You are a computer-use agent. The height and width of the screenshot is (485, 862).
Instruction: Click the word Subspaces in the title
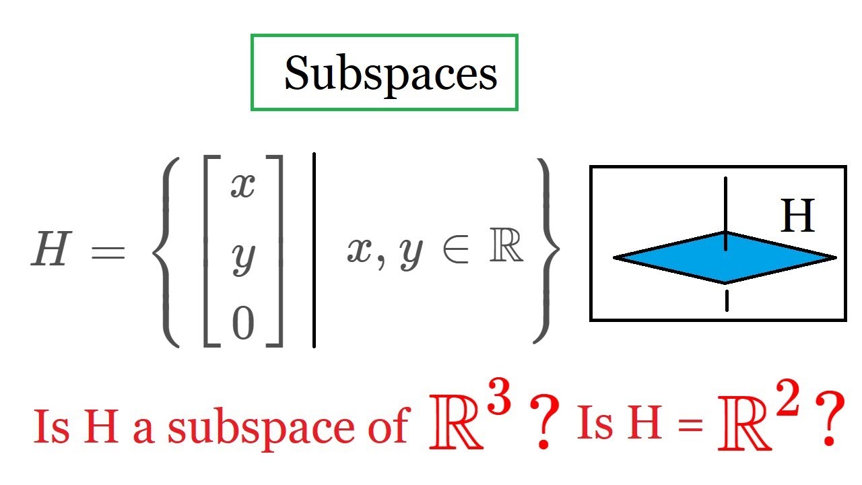[391, 74]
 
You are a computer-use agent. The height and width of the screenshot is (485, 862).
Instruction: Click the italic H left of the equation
[52, 249]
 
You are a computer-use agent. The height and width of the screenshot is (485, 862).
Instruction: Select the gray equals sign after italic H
[108, 253]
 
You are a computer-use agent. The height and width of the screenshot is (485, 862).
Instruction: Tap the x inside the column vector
[243, 185]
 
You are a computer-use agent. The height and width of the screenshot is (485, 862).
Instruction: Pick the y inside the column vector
[244, 260]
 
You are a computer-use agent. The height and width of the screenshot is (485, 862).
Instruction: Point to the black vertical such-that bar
[314, 250]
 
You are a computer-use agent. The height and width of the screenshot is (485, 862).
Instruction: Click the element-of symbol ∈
[456, 251]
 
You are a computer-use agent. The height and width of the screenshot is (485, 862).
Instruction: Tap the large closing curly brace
[546, 250]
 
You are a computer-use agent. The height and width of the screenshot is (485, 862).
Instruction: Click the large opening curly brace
[166, 252]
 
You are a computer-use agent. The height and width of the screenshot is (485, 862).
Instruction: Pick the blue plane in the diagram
[725, 258]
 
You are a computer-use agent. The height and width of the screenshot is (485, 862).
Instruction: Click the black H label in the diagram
[797, 216]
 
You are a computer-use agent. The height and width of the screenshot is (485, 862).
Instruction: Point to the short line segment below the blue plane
[727, 301]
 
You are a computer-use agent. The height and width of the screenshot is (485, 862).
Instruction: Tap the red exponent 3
[499, 396]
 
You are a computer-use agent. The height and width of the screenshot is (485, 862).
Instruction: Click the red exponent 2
[787, 398]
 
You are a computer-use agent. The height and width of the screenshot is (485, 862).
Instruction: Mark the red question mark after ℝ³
[544, 422]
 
